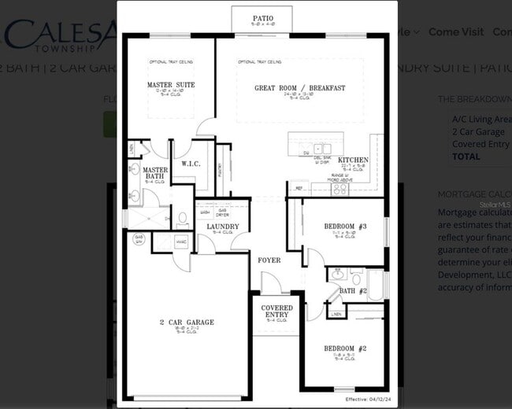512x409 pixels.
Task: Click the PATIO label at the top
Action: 262,17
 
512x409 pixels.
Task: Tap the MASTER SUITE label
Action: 171,85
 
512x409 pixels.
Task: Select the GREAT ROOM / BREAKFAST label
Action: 299,88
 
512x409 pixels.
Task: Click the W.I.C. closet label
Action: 190,164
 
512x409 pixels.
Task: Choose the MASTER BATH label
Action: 155,173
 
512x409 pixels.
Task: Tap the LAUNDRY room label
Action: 223,227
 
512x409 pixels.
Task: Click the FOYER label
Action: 269,260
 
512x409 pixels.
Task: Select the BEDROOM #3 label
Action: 346,227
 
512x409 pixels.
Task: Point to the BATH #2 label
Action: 354,291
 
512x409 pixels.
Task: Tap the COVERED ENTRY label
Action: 276,311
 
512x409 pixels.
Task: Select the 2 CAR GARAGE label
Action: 187,322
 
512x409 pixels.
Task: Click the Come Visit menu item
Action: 456,32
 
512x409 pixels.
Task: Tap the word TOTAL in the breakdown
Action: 466,157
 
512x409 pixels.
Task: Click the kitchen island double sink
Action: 322,148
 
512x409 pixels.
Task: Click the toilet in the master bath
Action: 182,218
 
